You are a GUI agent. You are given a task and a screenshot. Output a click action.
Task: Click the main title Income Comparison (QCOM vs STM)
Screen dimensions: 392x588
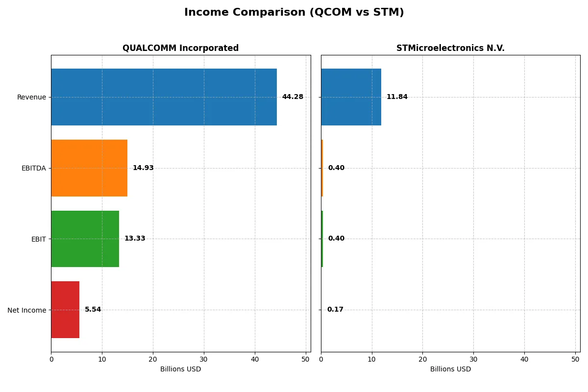coord(294,13)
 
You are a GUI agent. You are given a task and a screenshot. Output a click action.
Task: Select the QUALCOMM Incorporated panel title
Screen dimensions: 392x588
coord(180,49)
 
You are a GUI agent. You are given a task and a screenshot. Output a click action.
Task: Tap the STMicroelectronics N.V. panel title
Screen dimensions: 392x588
coord(450,49)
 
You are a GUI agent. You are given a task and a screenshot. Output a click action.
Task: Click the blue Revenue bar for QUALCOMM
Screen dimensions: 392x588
coord(164,97)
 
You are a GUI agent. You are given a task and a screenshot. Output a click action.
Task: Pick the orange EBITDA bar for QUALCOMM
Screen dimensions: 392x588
coord(89,168)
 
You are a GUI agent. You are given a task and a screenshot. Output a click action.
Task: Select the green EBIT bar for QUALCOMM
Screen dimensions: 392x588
coord(85,239)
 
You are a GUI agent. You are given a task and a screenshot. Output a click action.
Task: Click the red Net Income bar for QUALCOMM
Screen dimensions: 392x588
coord(65,310)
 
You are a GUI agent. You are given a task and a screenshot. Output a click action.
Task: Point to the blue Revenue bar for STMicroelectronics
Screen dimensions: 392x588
coord(351,97)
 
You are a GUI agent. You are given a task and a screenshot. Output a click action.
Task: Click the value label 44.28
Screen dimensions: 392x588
coord(293,97)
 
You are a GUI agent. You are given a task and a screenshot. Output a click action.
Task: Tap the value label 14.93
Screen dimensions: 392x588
coord(143,168)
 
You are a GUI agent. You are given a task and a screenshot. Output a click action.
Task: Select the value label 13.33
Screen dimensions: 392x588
coord(135,239)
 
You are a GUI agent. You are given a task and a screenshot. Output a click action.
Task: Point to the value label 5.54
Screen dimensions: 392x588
coord(93,310)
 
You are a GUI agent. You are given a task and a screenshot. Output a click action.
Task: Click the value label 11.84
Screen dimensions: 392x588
coord(397,97)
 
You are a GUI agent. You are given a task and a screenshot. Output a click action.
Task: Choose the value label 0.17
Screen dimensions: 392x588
coord(335,310)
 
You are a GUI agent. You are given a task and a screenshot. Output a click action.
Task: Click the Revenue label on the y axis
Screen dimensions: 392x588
coord(31,98)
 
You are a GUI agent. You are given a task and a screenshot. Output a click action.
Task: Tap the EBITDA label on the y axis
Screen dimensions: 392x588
coord(33,169)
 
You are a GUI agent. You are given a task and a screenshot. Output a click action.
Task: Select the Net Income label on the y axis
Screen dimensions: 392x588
coord(26,310)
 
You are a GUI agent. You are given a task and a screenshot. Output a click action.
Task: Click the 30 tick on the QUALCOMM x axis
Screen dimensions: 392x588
coord(204,359)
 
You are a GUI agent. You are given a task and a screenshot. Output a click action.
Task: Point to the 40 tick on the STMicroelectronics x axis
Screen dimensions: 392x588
coord(524,359)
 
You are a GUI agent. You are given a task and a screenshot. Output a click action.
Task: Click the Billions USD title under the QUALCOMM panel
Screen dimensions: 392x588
coord(180,369)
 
